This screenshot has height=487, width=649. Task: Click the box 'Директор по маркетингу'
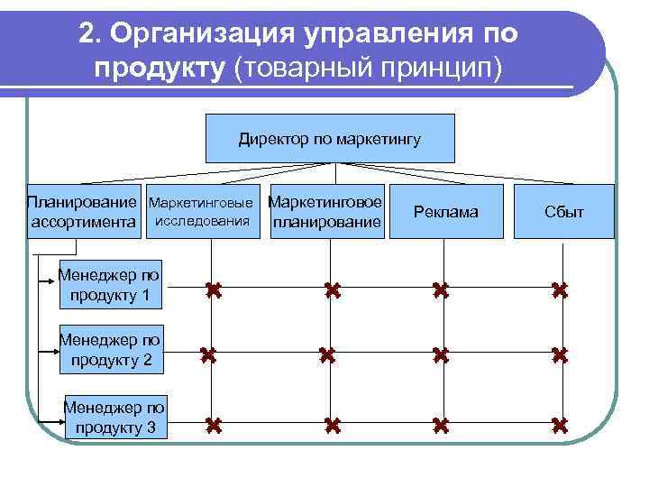pos(330,138)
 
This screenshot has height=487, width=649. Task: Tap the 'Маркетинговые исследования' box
pos(202,211)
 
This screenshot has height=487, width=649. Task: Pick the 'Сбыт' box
pos(563,211)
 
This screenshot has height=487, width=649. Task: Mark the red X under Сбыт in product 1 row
pos(559,290)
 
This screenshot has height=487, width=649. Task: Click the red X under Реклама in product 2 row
pos(440,355)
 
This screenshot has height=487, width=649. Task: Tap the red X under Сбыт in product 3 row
pos(559,424)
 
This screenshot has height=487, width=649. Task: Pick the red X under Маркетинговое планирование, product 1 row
pos(331,290)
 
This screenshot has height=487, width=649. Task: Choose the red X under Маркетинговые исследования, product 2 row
pos(209,355)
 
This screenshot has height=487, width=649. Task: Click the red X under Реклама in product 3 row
pos(440,424)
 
